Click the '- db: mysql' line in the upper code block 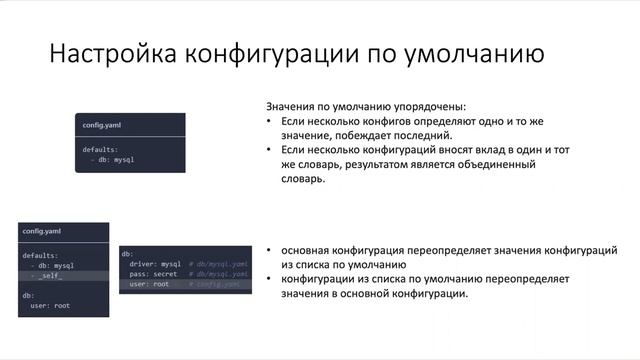click(x=112, y=159)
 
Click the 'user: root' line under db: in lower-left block click(x=49, y=305)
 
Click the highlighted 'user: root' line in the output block click(x=150, y=284)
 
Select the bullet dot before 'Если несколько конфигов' click(x=270, y=120)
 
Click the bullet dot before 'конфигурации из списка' click(x=270, y=280)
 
